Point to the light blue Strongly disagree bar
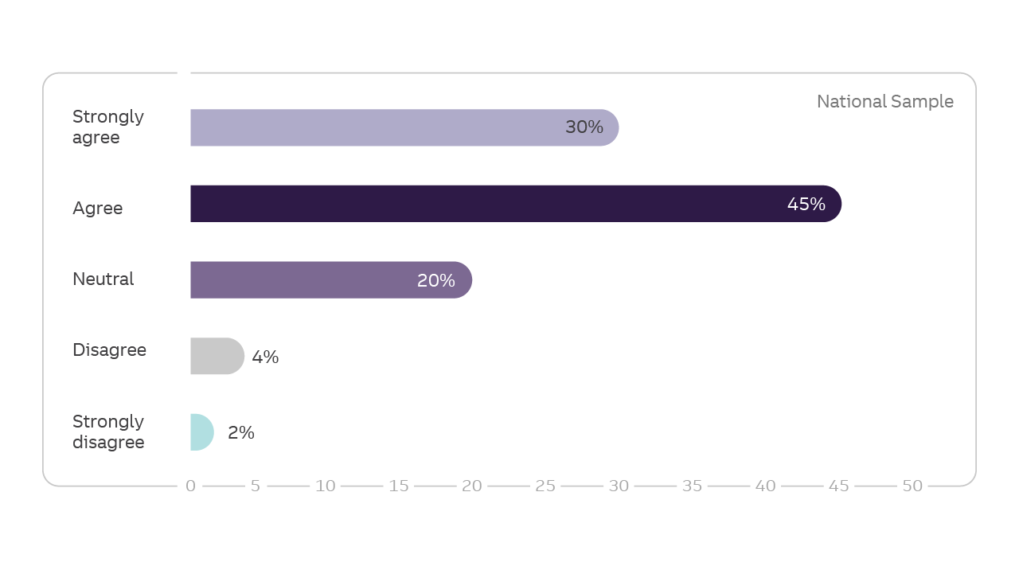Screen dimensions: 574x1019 [201, 432]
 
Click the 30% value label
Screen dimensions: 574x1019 [584, 127]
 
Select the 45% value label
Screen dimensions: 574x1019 [806, 205]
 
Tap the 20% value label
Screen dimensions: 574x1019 [436, 280]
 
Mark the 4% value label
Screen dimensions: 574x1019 [265, 357]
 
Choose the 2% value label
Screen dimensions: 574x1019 [241, 433]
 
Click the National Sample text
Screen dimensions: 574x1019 [884, 102]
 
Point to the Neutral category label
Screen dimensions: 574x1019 [103, 279]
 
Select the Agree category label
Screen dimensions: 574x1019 [98, 209]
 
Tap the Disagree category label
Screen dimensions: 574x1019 [109, 350]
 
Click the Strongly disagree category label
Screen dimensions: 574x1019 [108, 432]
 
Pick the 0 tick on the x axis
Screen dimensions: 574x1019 [190, 486]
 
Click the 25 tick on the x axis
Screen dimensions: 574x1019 [545, 486]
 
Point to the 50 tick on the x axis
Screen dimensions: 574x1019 [912, 486]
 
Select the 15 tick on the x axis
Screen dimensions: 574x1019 [399, 486]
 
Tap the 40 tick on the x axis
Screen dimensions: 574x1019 [765, 486]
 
